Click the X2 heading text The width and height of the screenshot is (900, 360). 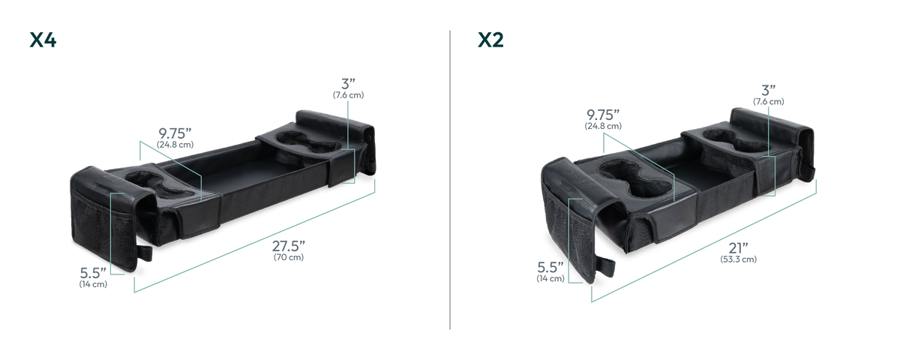(490, 40)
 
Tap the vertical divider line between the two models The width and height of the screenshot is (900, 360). (450, 180)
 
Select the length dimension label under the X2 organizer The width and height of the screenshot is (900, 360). (738, 253)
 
